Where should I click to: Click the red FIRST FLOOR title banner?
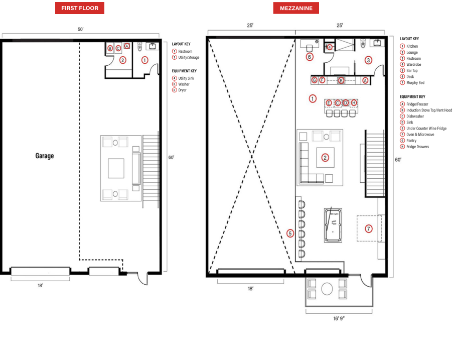[x=80, y=8]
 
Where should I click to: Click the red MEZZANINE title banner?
[x=296, y=8]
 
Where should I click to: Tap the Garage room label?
[x=45, y=156]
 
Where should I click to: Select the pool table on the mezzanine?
[x=333, y=225]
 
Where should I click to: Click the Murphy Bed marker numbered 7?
[x=368, y=229]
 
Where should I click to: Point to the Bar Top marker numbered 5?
[x=290, y=233]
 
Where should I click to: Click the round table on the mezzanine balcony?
[x=327, y=289]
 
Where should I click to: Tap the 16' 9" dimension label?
[x=339, y=318]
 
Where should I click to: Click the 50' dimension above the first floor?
[x=81, y=29]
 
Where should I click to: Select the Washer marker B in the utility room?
[x=110, y=48]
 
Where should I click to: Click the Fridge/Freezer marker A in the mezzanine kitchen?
[x=365, y=80]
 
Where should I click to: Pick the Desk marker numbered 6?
[x=310, y=57]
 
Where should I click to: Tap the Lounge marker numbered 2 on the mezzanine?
[x=325, y=158]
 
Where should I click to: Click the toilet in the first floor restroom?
[x=140, y=46]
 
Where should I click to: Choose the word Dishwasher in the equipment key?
[x=415, y=116]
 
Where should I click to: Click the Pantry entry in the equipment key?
[x=411, y=141]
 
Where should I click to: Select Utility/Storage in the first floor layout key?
[x=189, y=57]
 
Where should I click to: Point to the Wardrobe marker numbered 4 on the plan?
[x=330, y=47]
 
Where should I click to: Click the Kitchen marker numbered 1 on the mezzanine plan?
[x=313, y=98]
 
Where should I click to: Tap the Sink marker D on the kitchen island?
[x=346, y=103]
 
